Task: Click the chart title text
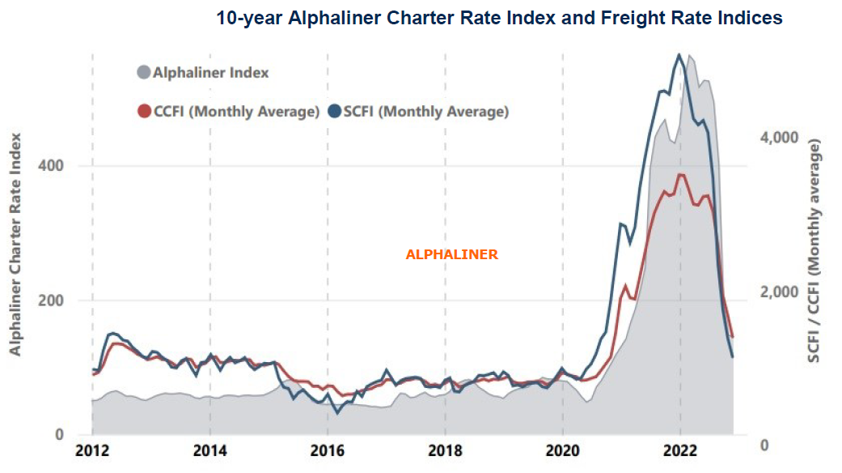pos(499,18)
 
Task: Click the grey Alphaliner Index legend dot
pos(144,73)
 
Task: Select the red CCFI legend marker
pos(144,111)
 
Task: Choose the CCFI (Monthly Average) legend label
pos(236,111)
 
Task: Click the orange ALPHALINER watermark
pos(451,254)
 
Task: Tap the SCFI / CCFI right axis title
pos(815,249)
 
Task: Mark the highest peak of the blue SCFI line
pos(679,54)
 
